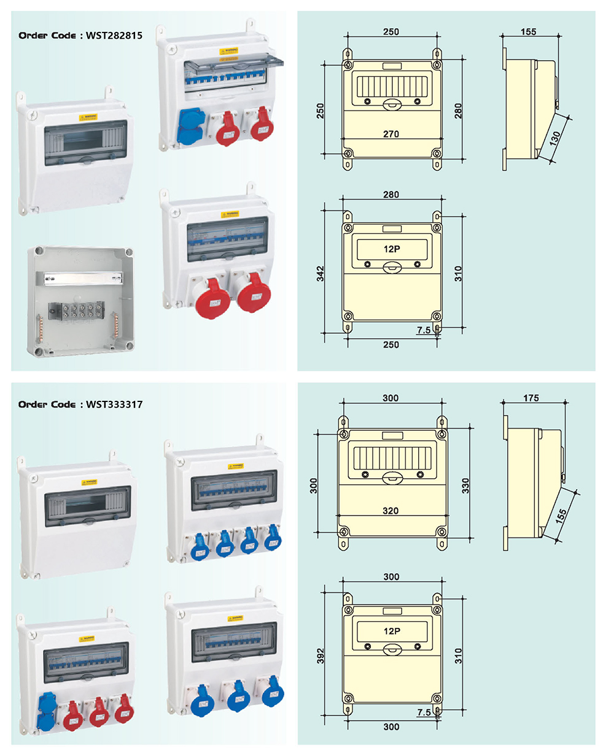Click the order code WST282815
[114, 36]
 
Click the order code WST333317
[114, 404]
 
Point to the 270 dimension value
[391, 134]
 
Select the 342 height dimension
[321, 274]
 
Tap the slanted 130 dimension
[555, 139]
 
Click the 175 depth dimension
[531, 398]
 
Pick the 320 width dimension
[391, 511]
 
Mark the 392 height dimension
[321, 655]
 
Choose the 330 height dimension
[465, 485]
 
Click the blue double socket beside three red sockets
[46, 711]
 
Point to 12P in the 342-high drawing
[392, 250]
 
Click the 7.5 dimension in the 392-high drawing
[424, 713]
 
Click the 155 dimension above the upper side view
[528, 32]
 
